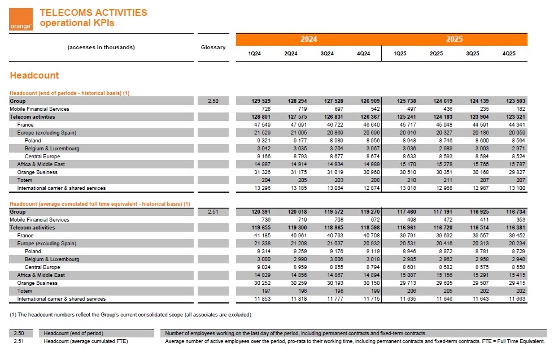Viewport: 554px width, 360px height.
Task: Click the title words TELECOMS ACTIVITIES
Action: point(93,12)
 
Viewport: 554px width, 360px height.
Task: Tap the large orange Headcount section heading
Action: point(34,75)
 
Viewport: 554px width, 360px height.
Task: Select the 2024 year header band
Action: point(308,39)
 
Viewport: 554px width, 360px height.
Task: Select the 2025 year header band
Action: point(454,39)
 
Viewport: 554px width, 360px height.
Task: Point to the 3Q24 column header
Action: point(327,54)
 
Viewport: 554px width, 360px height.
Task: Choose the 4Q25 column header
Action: point(509,54)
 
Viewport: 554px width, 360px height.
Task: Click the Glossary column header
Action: point(213,47)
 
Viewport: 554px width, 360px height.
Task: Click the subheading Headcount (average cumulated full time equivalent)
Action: point(100,204)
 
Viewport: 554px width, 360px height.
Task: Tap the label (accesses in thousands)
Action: point(101,47)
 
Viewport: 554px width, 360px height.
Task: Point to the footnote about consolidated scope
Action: point(131,314)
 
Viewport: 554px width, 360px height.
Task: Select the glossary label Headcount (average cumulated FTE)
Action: point(86,341)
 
